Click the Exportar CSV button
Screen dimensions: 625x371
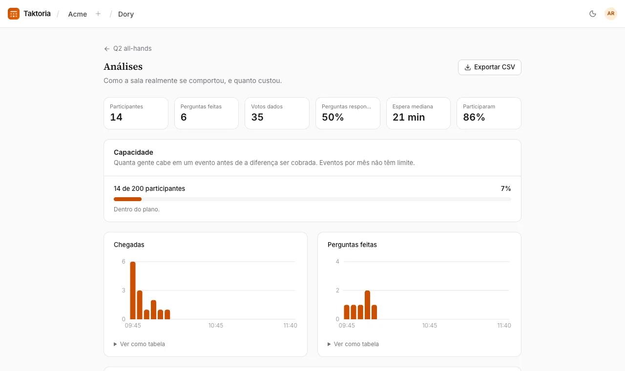click(x=489, y=67)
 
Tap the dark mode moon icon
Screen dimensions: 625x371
click(x=593, y=14)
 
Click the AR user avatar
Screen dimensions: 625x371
click(x=611, y=14)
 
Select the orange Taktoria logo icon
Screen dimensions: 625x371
click(x=14, y=14)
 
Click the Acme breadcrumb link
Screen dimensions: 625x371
click(x=77, y=14)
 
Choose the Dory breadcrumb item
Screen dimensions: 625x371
click(x=126, y=14)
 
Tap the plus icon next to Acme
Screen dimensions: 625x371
click(x=98, y=14)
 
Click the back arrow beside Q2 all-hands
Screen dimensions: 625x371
click(x=106, y=49)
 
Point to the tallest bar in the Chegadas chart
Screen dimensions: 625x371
click(x=133, y=290)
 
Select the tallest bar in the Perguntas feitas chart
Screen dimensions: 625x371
click(x=368, y=305)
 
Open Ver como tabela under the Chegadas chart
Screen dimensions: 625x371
click(x=139, y=344)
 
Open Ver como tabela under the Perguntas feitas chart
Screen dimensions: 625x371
click(x=353, y=344)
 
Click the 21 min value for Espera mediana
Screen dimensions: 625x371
click(x=409, y=117)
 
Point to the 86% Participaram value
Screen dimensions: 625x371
click(x=474, y=117)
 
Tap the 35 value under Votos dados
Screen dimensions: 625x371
click(x=257, y=117)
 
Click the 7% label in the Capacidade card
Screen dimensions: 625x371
click(x=505, y=188)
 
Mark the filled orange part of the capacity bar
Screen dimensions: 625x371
click(x=127, y=199)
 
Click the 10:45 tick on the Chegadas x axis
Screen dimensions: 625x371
click(x=216, y=326)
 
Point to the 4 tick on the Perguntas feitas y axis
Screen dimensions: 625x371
click(x=337, y=262)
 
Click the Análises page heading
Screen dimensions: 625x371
click(x=123, y=67)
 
